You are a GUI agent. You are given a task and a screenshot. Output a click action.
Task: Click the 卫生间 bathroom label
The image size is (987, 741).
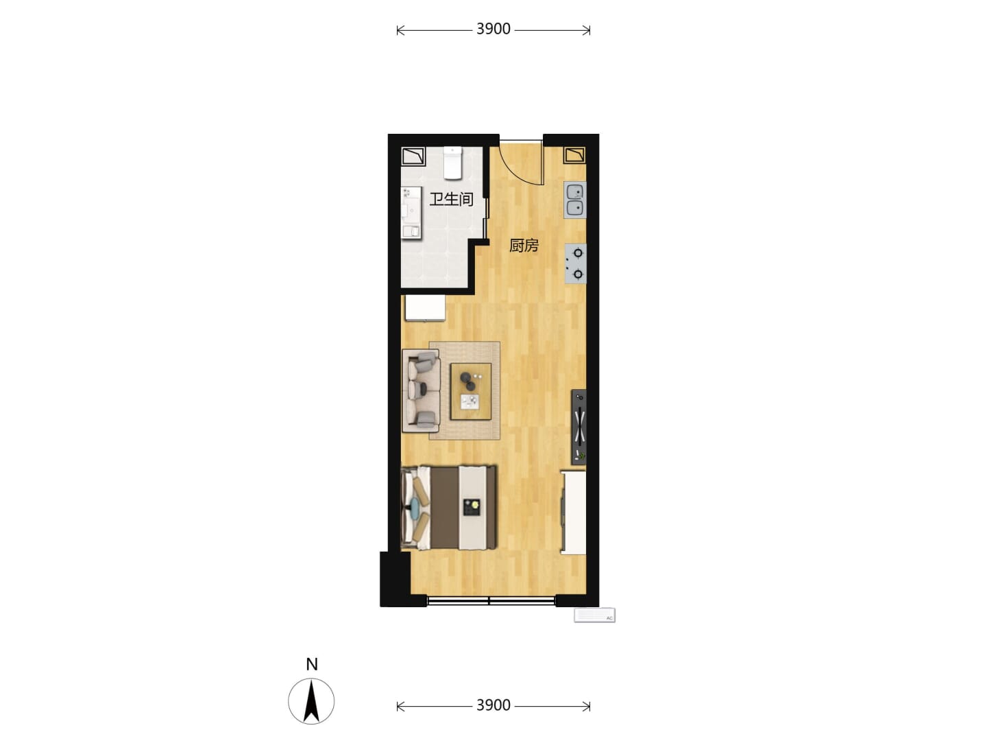tap(451, 199)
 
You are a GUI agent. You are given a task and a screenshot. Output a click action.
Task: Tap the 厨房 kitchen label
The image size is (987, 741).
tap(524, 246)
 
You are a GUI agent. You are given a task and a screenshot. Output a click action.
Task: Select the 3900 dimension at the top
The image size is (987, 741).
tap(493, 30)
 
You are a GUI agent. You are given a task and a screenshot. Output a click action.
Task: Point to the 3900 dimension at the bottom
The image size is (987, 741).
tap(493, 705)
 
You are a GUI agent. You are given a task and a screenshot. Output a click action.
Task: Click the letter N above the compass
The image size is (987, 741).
tap(312, 665)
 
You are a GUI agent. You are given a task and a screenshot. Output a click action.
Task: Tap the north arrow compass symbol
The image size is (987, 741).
tap(311, 701)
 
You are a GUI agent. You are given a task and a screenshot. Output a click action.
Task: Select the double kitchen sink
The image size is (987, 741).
tap(574, 200)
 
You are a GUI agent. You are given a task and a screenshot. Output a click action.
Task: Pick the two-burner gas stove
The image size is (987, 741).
tap(575, 263)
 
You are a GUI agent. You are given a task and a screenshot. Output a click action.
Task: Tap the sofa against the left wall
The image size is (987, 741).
tap(421, 390)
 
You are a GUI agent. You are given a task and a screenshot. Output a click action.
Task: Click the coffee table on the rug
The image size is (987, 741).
tap(471, 391)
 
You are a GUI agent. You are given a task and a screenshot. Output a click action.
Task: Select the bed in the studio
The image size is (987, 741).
tap(449, 508)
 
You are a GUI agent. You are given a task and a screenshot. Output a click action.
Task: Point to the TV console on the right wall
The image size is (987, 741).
tap(578, 427)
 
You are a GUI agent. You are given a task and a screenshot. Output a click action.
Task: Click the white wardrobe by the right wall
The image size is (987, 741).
tap(573, 513)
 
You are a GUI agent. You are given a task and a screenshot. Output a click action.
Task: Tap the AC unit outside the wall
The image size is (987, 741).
tap(594, 615)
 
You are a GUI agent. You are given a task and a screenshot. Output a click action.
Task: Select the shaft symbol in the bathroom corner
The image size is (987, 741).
tap(413, 156)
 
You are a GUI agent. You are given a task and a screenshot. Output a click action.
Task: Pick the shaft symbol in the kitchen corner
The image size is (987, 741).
tap(575, 155)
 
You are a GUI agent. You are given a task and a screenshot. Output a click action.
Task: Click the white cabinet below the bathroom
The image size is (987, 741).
tap(426, 308)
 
